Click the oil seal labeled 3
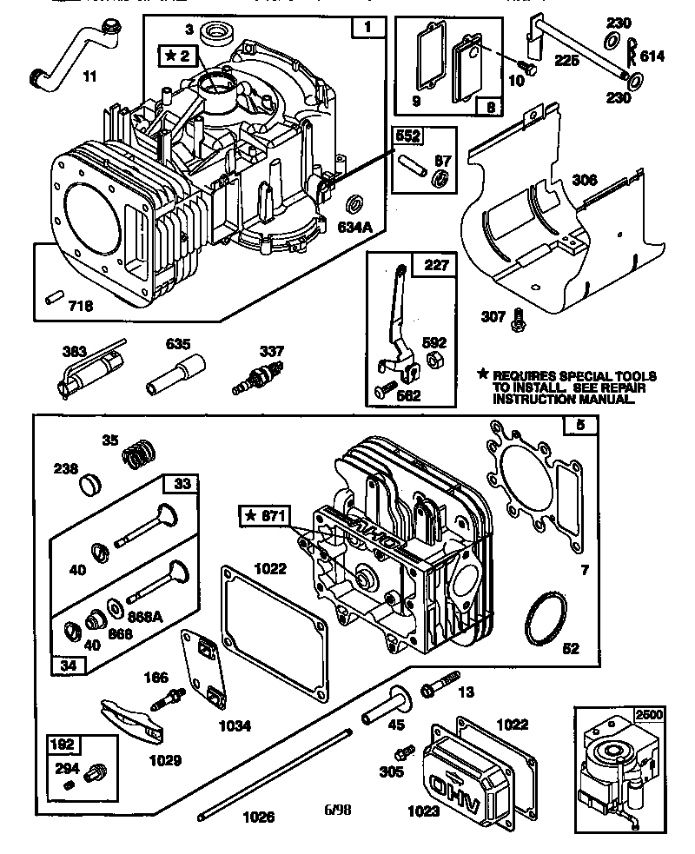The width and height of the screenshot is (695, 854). coord(214,37)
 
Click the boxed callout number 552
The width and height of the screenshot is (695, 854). coord(411,136)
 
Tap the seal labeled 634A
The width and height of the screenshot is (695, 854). coord(355,206)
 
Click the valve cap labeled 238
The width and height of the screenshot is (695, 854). coord(92,482)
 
